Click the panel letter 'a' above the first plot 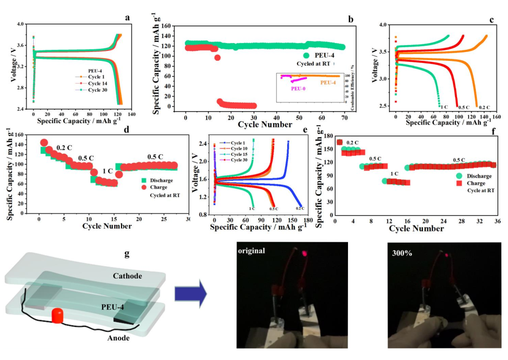127,18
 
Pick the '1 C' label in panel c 444,107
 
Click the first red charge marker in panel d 44,143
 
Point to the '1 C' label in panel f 394,174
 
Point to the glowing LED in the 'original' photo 304,254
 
